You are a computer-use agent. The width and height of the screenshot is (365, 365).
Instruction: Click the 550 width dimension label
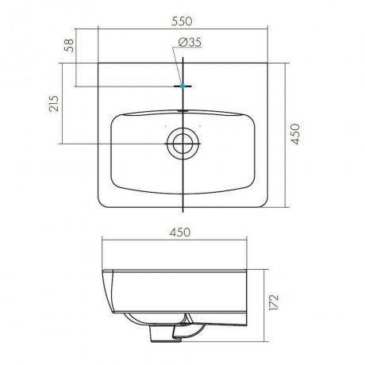182,21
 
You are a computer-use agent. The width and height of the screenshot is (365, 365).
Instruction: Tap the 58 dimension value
69,45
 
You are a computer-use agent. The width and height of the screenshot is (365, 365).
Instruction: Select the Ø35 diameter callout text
190,42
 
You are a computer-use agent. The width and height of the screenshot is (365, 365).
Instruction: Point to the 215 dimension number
54,103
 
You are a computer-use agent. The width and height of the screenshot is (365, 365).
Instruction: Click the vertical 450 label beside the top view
295,134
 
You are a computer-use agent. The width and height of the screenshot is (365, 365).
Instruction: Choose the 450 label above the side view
180,232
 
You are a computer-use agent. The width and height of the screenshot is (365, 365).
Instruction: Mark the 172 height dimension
274,302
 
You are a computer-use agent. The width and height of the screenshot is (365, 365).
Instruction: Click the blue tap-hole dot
182,86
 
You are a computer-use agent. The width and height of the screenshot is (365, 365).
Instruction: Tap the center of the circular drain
182,144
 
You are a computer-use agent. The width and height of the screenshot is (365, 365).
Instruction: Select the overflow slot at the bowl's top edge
182,111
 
